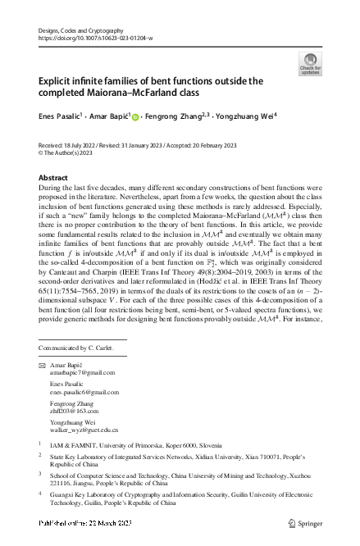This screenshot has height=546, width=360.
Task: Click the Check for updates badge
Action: point(311,63)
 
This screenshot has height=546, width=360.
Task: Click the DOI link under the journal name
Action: point(95,38)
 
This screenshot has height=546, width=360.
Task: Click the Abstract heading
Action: point(54,177)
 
